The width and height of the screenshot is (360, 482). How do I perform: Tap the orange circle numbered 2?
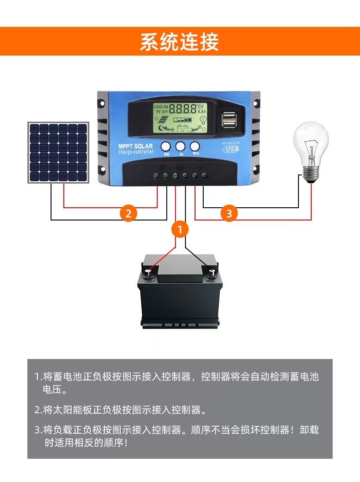coord(128,213)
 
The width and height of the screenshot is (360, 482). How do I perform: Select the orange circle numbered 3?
coord(229,213)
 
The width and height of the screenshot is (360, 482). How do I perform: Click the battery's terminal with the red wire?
coord(149,273)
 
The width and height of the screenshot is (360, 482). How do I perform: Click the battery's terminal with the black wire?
coord(212,273)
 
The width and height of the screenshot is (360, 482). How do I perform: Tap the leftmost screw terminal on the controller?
coord(155,175)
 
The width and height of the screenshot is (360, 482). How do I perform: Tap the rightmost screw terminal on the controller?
coord(205,175)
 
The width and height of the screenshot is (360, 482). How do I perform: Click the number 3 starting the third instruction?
coord(37,430)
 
